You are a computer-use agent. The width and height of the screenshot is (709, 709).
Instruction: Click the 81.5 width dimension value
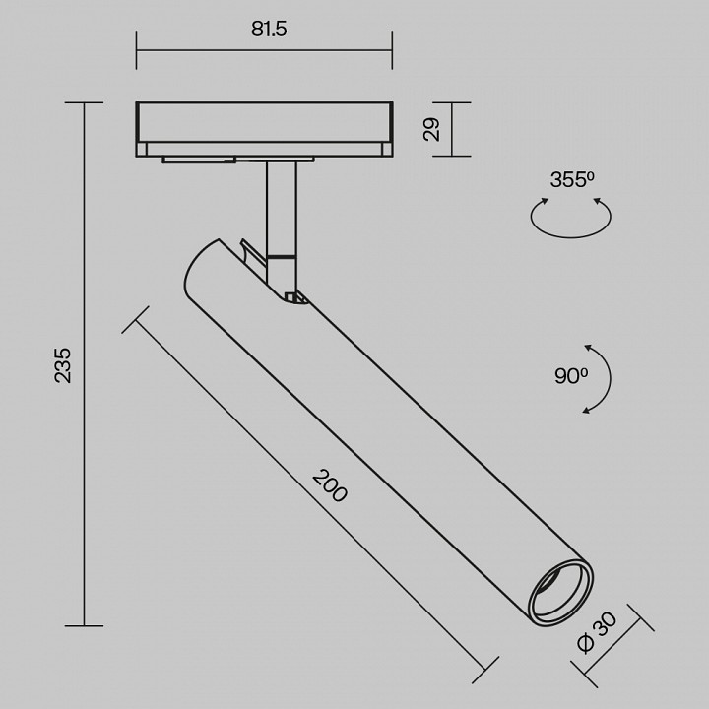coord(268,29)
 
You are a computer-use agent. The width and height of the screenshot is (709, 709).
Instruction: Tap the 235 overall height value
coord(62,364)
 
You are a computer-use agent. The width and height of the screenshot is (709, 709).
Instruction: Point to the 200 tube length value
coord(331,485)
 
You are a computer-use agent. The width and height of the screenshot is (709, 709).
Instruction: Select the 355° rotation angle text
coord(571,180)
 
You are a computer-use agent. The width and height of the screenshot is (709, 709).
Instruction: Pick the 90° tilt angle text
coord(570,375)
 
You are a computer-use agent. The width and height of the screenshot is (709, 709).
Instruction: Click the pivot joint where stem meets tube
coord(291,294)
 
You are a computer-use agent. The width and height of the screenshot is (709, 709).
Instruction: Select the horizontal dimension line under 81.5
coord(264,52)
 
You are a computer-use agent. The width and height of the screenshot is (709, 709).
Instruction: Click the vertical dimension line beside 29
coord(453,129)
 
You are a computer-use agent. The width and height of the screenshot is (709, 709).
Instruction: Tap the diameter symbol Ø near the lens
coord(587,643)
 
